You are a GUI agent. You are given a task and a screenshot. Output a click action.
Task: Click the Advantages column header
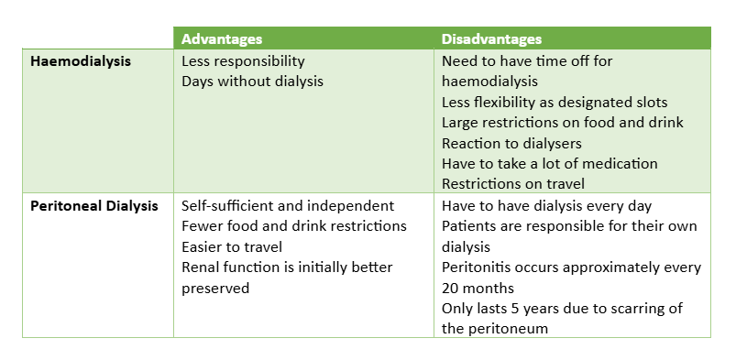[x=222, y=39]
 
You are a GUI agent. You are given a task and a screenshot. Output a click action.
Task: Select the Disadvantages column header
[x=491, y=39]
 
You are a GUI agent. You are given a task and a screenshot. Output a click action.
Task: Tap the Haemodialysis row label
[x=81, y=61]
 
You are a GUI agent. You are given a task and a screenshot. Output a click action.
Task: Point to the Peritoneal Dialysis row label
[x=94, y=206]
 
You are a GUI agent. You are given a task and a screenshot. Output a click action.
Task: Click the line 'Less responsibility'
[x=243, y=61]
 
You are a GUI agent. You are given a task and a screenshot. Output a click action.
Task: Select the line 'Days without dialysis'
[x=253, y=82]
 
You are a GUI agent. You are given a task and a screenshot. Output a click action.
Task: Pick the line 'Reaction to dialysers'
[x=511, y=143]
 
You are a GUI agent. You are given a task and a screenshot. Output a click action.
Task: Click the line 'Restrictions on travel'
[x=513, y=183]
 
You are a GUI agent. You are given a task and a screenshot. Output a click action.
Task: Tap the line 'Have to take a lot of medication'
[x=550, y=163]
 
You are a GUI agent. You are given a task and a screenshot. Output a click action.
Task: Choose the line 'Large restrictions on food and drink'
[x=563, y=123]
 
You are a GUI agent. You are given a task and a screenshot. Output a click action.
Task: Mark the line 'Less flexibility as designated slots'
[x=555, y=103]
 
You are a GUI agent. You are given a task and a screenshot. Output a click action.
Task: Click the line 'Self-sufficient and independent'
[x=288, y=206]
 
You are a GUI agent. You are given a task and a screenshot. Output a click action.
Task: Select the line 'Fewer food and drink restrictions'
[x=294, y=226]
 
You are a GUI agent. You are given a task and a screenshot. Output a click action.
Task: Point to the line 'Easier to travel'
[x=232, y=246]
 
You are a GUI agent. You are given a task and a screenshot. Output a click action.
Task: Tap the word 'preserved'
[x=215, y=288]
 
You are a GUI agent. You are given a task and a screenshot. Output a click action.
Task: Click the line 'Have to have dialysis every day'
[x=547, y=206]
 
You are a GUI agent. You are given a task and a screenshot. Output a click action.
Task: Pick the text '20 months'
[x=478, y=288]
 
